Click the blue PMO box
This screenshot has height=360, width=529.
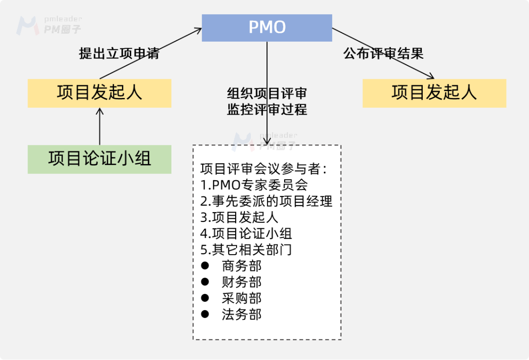click(267, 27)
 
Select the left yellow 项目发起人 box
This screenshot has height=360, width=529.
click(99, 93)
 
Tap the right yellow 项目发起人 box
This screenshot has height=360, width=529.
click(434, 93)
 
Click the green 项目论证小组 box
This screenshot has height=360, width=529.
click(99, 159)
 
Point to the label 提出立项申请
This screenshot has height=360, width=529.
click(119, 53)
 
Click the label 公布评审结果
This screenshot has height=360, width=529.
click(384, 53)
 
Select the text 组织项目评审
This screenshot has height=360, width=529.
click(267, 93)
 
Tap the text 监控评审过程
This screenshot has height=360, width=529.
click(267, 109)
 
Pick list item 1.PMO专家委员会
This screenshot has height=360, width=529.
click(254, 185)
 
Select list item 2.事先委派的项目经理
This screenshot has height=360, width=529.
click(266, 201)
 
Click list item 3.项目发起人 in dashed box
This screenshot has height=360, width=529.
click(240, 217)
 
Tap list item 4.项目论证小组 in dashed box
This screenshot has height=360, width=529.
click(246, 233)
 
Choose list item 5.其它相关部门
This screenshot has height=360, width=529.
click(246, 249)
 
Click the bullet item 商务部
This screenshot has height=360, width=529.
click(241, 266)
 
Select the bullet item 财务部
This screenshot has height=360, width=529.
click(241, 282)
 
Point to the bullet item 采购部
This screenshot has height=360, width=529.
click(241, 298)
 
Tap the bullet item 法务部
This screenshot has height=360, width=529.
click(241, 314)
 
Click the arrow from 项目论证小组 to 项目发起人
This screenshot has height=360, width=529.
click(99, 126)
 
